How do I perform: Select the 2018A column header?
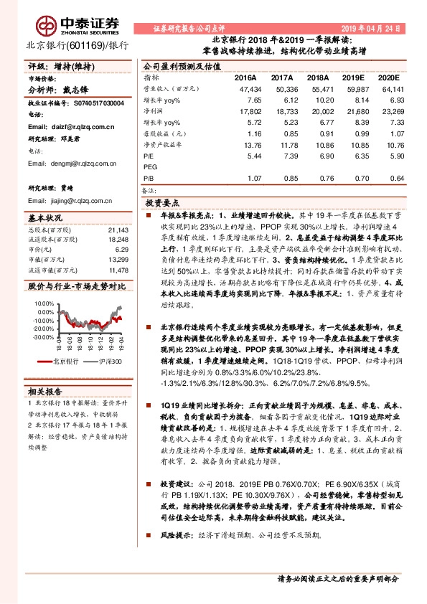314,77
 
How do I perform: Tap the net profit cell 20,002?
314,114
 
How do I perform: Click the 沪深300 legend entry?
103,362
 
